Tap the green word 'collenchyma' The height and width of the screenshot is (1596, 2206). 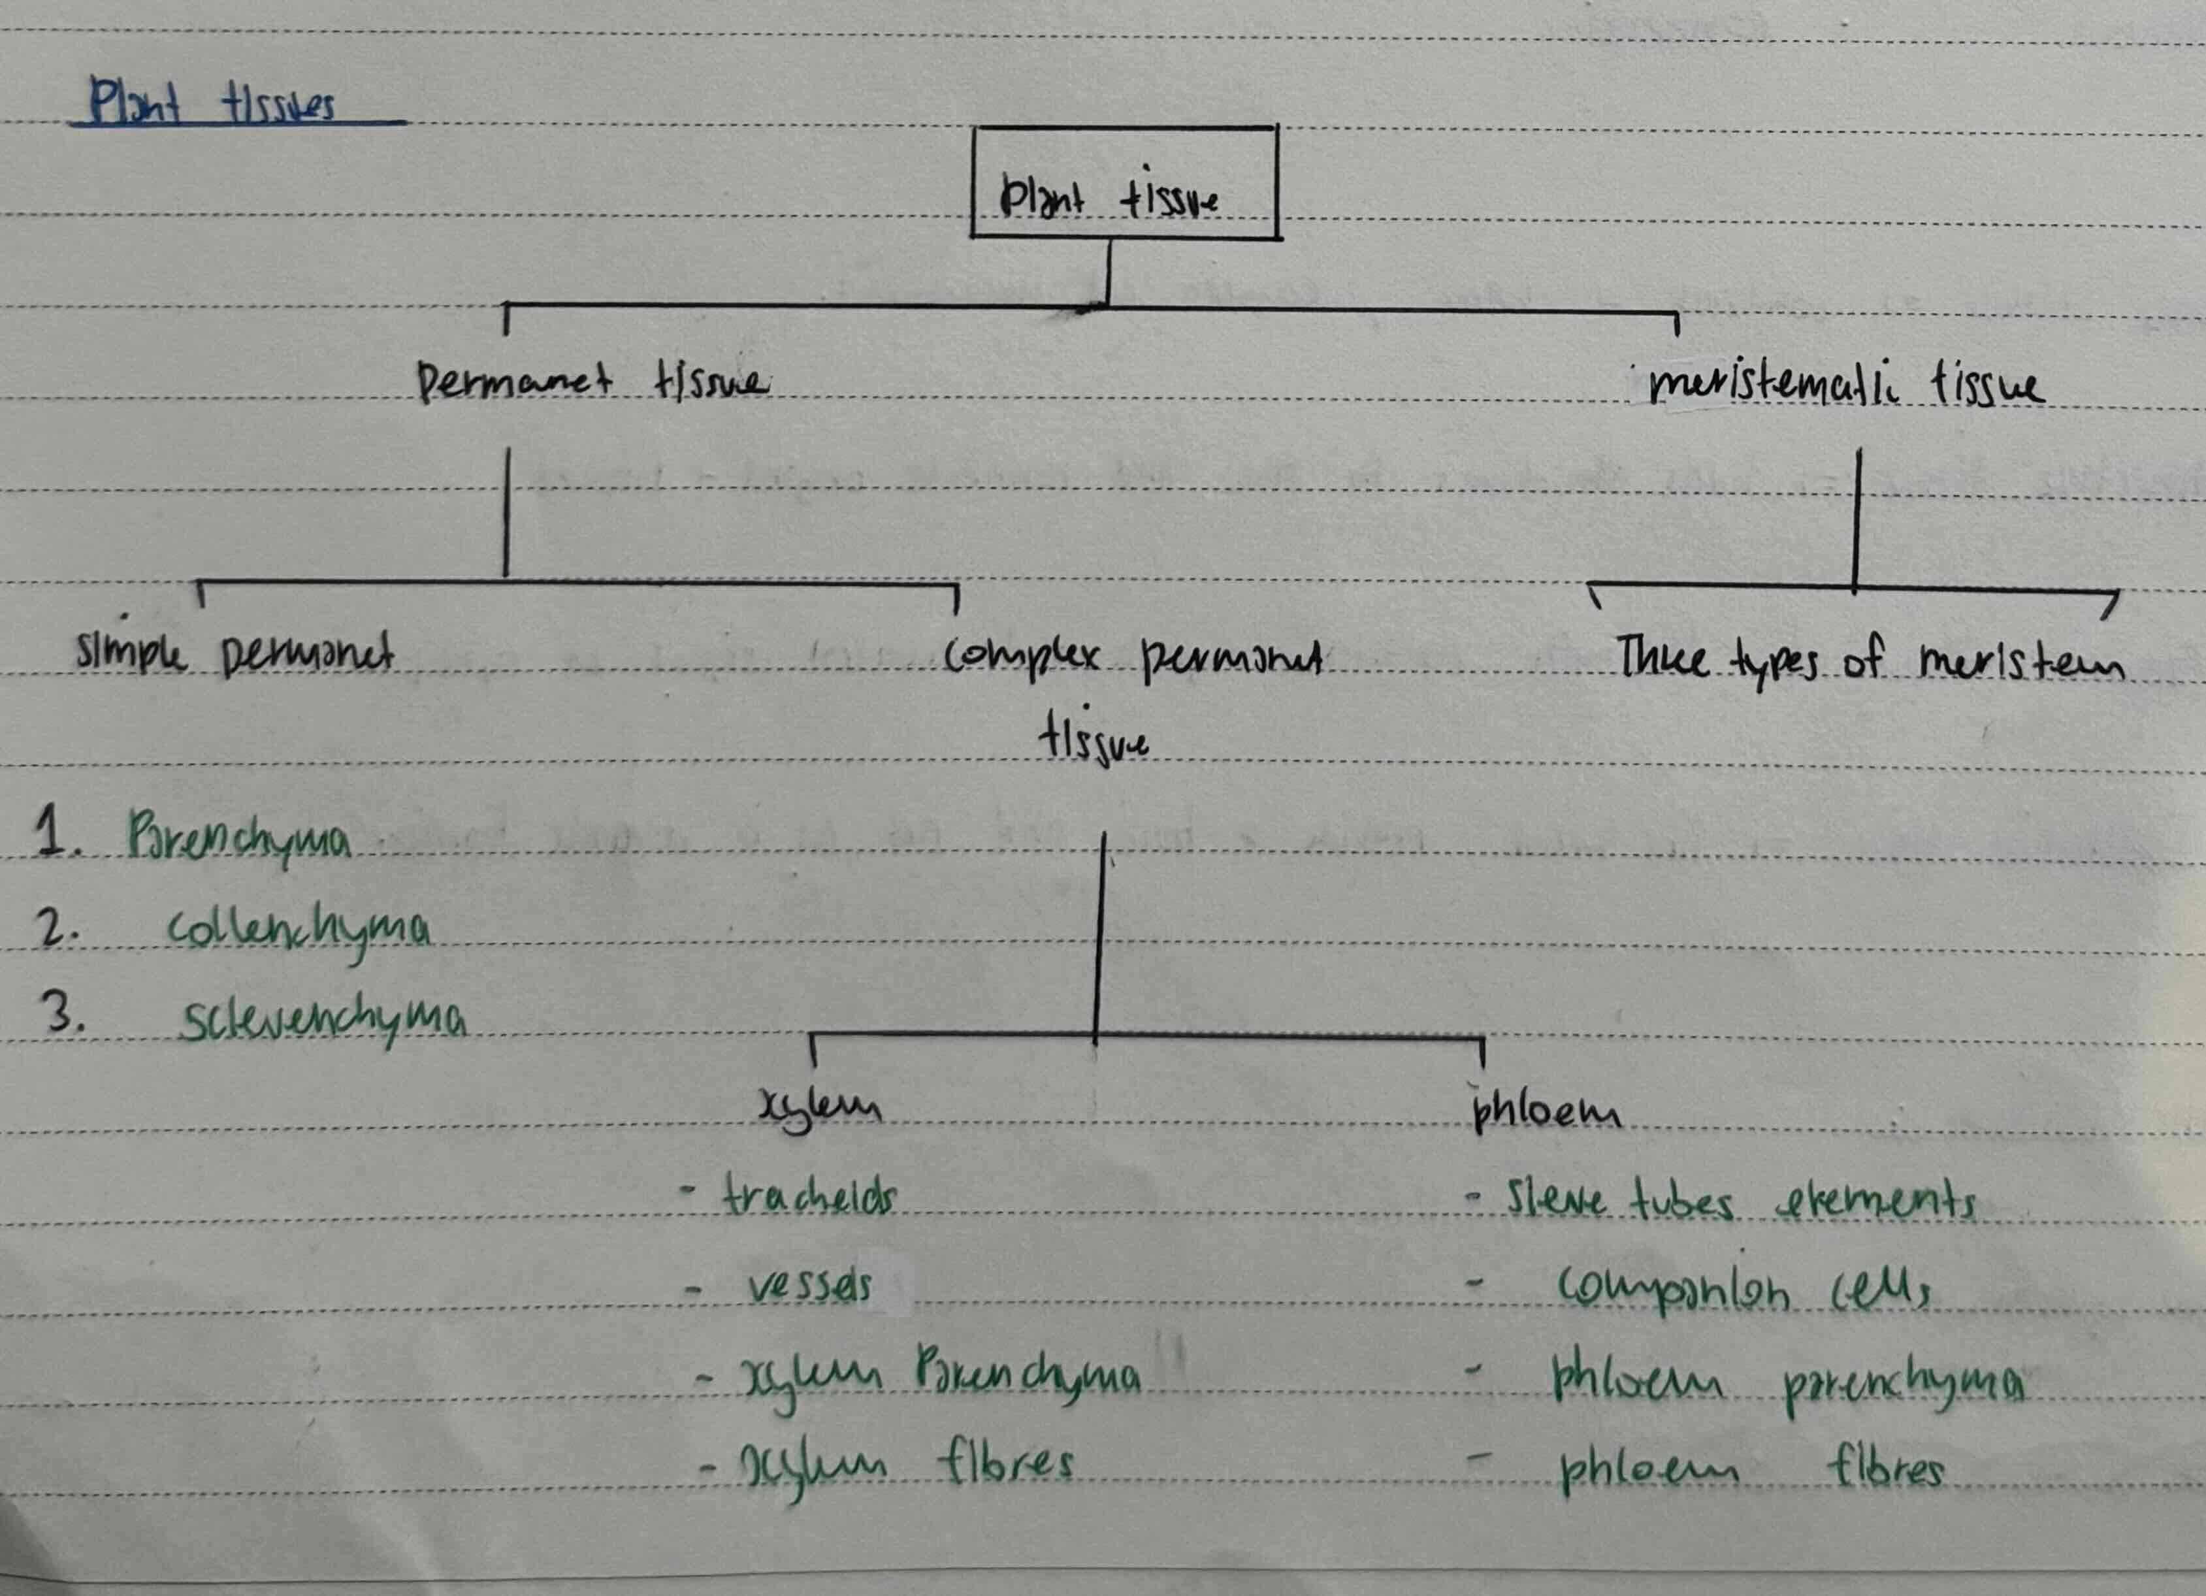point(299,931)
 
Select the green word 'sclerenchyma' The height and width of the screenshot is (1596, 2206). point(323,1022)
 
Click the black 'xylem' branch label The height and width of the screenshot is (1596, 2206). point(820,1109)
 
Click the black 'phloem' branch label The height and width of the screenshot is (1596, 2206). point(1546,1112)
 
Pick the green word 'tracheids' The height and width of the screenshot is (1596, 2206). point(808,1196)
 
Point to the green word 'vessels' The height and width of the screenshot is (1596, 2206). point(810,1287)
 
